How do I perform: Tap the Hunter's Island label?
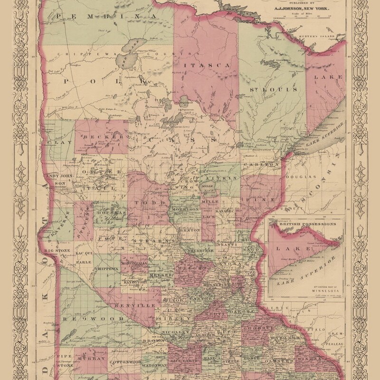(x=317, y=37)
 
